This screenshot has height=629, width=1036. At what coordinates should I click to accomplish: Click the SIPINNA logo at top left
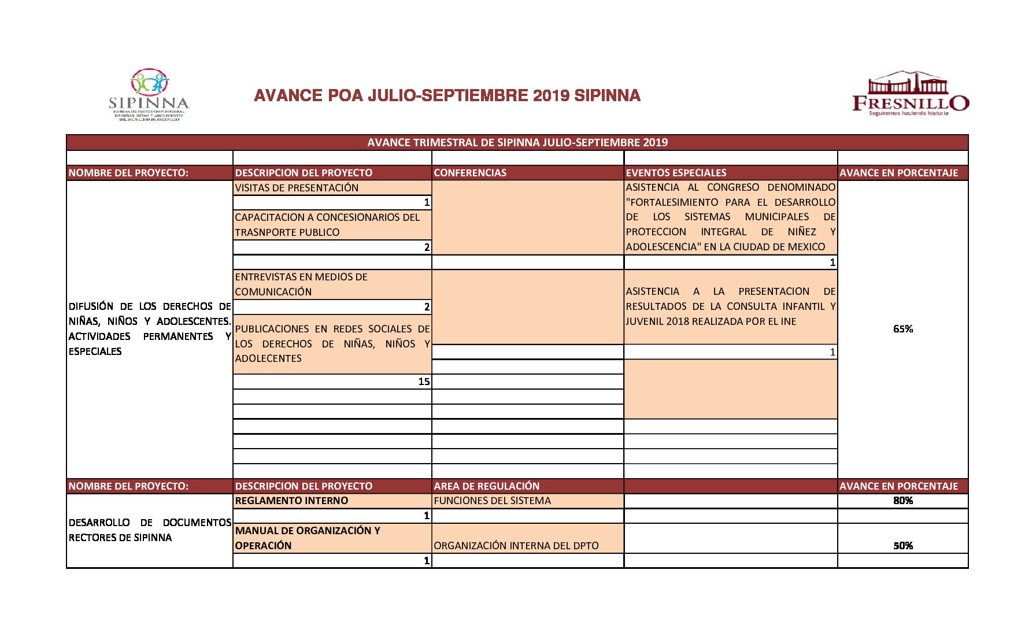tap(149, 95)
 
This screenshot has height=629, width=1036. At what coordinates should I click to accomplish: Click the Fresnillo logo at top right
tap(910, 94)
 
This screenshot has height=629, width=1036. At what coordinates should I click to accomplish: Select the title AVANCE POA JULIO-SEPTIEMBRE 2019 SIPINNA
tap(447, 95)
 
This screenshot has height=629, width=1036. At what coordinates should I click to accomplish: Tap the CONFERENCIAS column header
tap(470, 173)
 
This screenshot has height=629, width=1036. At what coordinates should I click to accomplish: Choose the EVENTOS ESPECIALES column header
tap(676, 173)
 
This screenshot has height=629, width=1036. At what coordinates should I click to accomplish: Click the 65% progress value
tap(902, 329)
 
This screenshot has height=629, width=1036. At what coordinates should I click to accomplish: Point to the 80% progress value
tap(902, 501)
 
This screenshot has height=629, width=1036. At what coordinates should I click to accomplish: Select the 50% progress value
tap(902, 546)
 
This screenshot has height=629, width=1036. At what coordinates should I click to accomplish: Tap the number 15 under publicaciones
tap(424, 382)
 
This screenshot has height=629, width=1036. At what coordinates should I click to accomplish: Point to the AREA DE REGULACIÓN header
tap(486, 486)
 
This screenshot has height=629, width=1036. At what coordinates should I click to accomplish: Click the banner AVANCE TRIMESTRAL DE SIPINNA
tap(517, 143)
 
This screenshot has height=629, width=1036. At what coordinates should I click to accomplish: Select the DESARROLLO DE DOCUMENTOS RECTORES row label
tap(149, 530)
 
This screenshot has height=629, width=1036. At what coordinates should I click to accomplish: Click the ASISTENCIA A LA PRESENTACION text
tap(730, 306)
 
